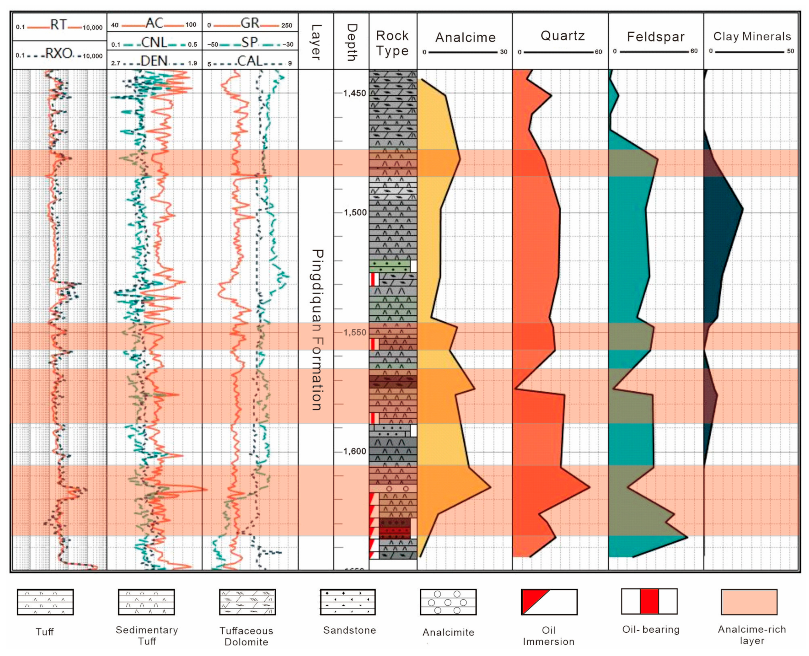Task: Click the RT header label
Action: [58, 25]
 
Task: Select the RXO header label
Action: [59, 54]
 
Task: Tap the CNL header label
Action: [154, 42]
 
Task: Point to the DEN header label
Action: [154, 61]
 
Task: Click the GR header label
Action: [250, 23]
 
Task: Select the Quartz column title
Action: [563, 36]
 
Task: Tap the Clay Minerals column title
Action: [752, 36]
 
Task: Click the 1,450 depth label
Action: [355, 93]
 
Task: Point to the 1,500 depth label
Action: [355, 212]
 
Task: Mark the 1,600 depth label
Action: [355, 451]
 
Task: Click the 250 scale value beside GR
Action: [287, 25]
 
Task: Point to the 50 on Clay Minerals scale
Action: [790, 51]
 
